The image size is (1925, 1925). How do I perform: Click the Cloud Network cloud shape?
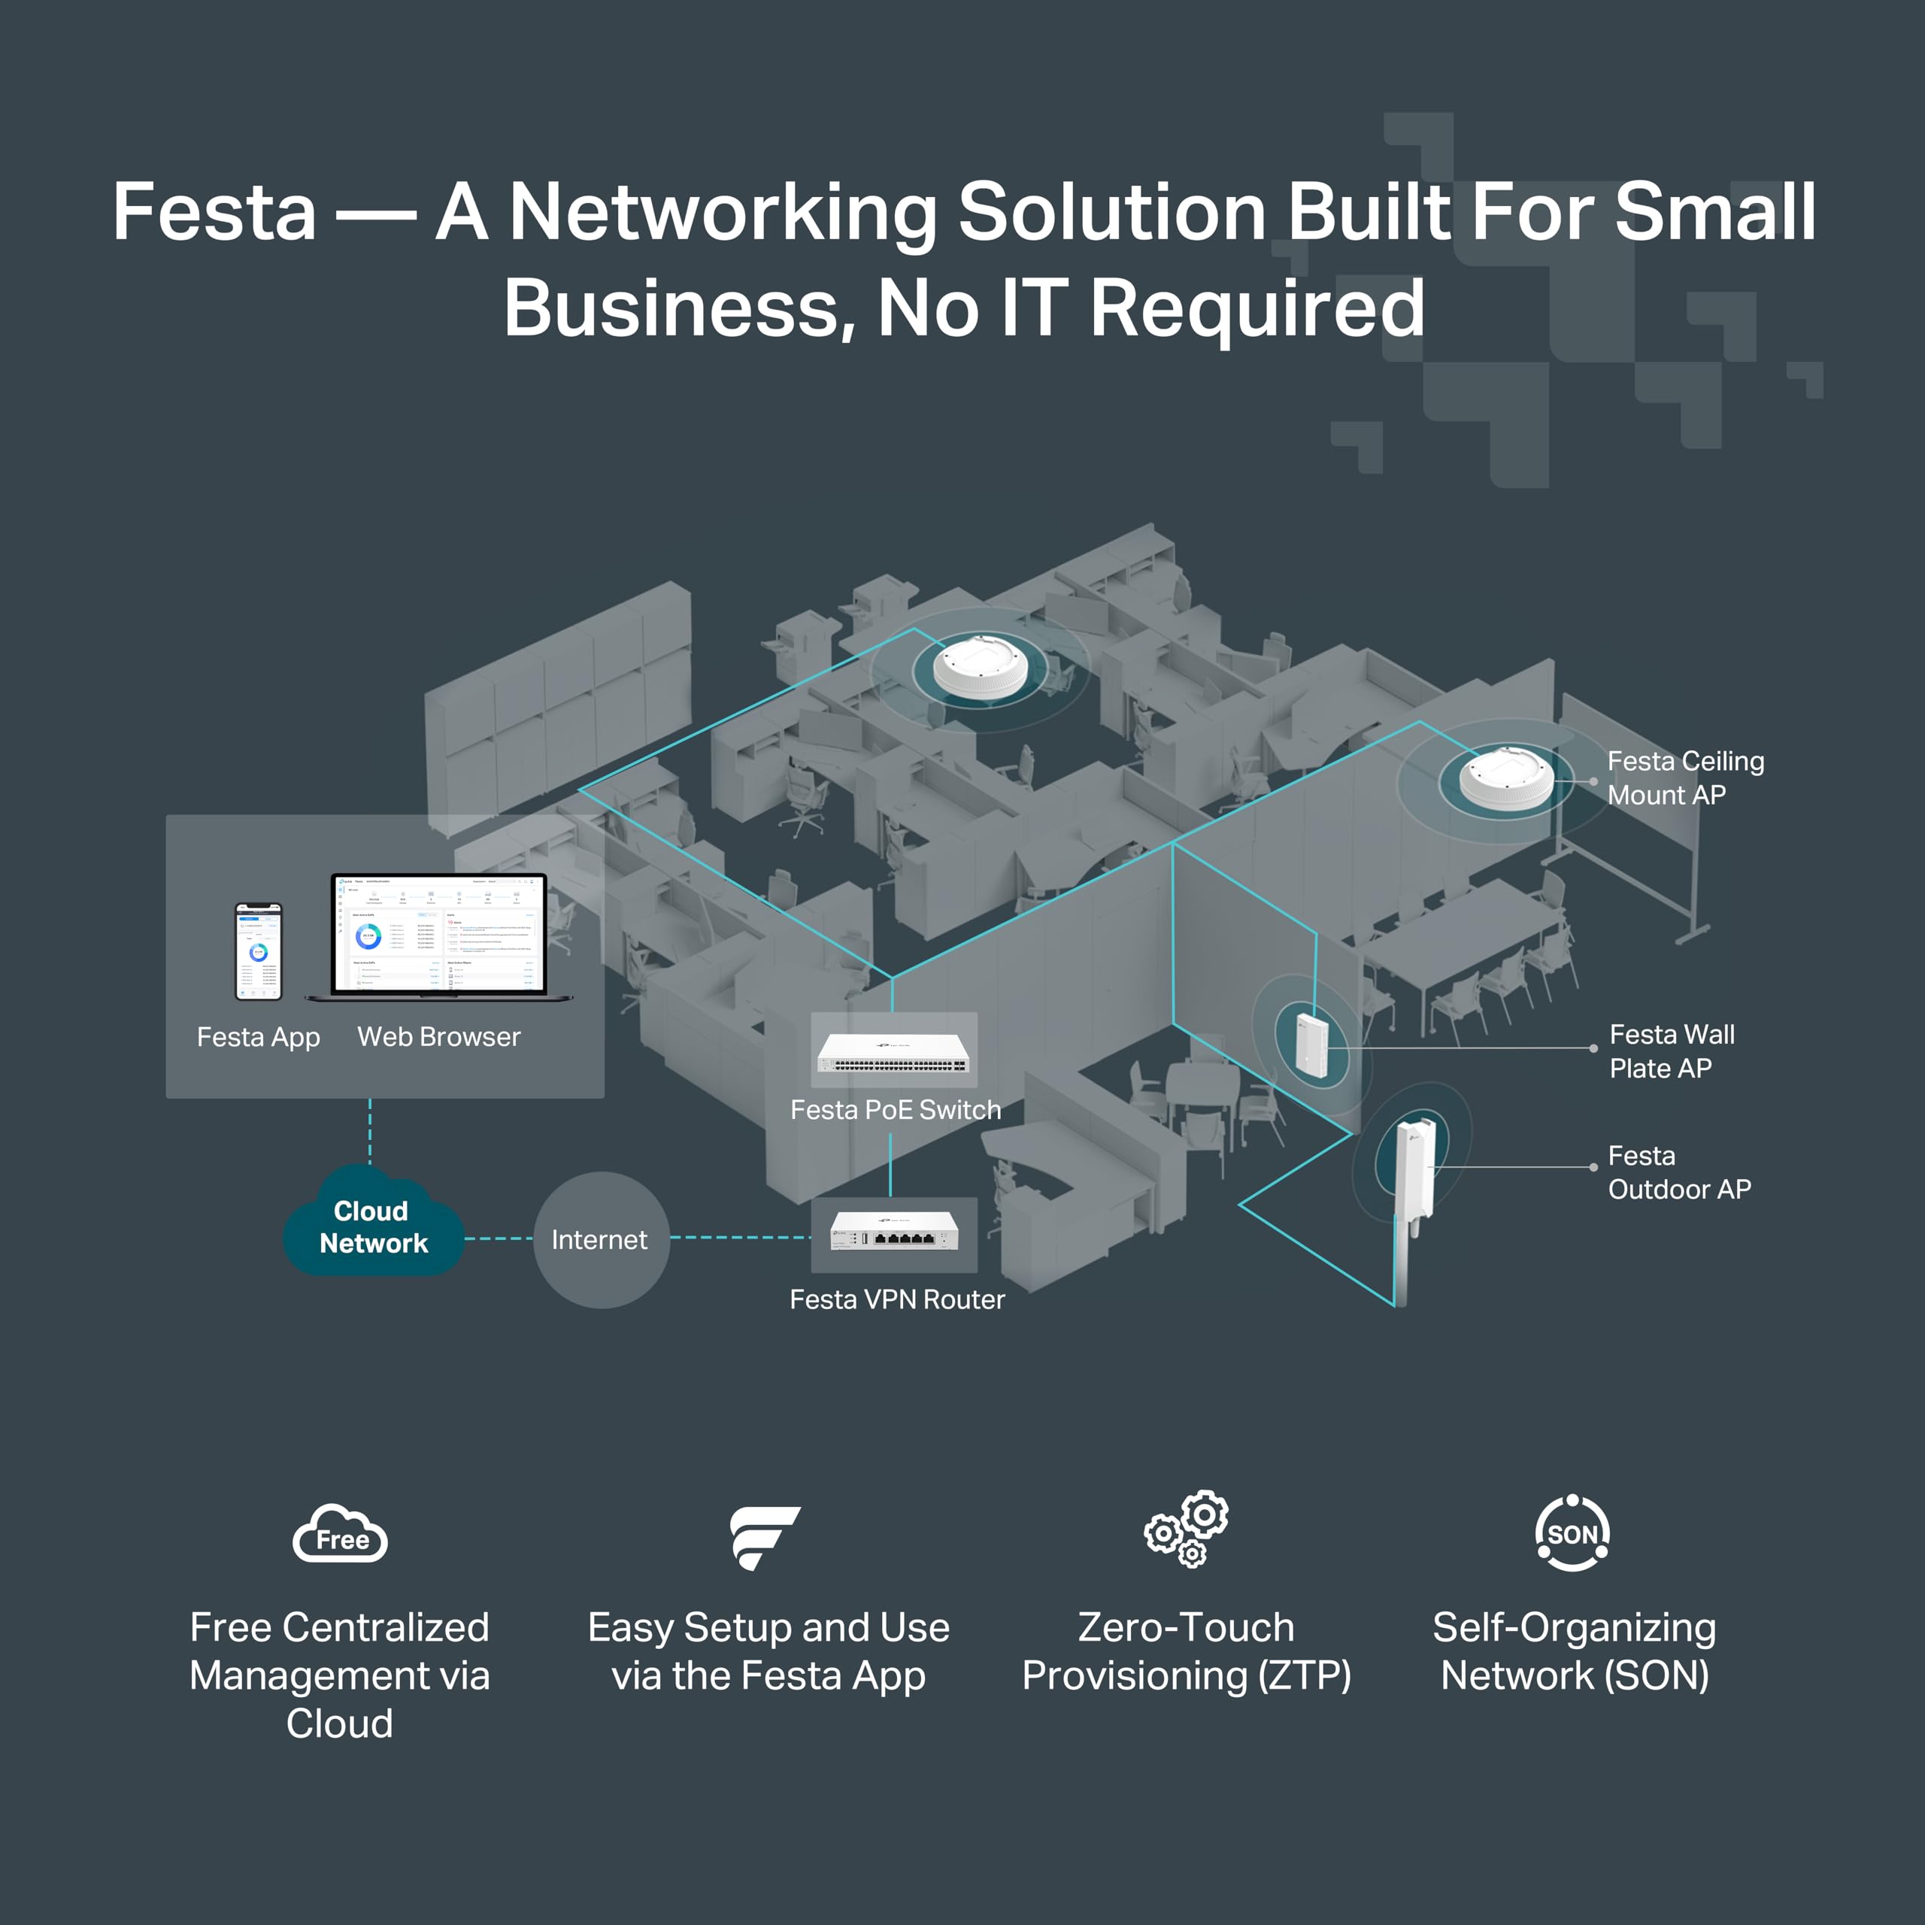pyautogui.click(x=373, y=1226)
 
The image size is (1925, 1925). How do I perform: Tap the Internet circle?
pyautogui.click(x=601, y=1239)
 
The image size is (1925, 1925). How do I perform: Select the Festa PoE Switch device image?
pyautogui.click(x=894, y=1051)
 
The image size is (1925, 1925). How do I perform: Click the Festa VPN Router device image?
pyautogui.click(x=894, y=1232)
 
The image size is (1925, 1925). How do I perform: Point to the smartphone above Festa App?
pyautogui.click(x=258, y=950)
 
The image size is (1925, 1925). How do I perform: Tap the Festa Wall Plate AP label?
pyautogui.click(x=1671, y=1051)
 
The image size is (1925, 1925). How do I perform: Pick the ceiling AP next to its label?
pyautogui.click(x=1505, y=778)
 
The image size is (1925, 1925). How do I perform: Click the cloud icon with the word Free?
pyautogui.click(x=340, y=1535)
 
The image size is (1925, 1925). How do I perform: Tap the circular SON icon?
pyautogui.click(x=1572, y=1533)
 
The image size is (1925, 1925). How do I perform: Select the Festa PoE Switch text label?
pyautogui.click(x=895, y=1110)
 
